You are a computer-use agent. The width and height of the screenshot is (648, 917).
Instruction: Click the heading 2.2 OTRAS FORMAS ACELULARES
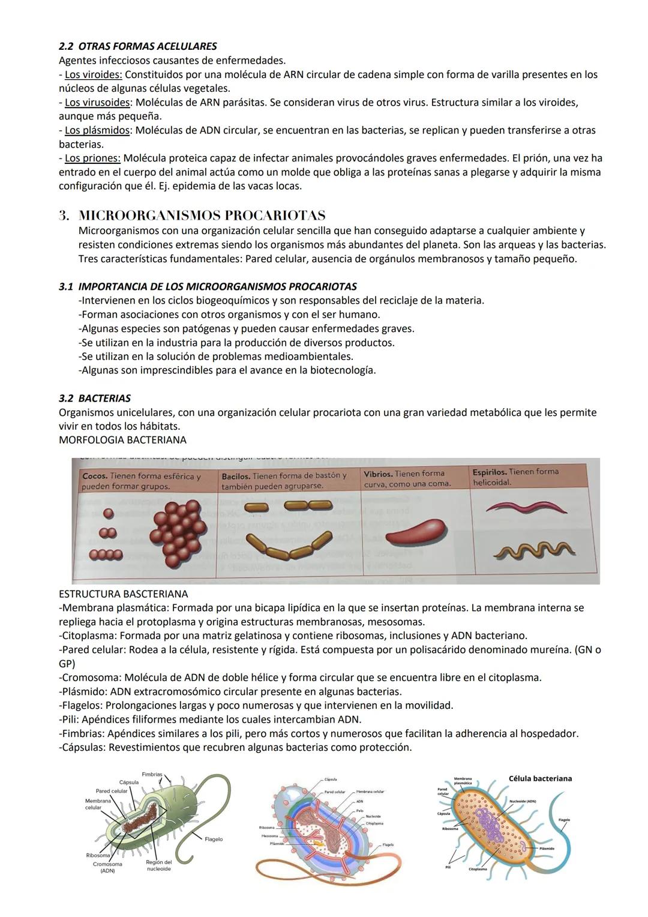[137, 46]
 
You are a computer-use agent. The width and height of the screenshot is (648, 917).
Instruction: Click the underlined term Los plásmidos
[97, 130]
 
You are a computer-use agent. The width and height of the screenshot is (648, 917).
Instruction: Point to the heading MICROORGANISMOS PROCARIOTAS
[202, 215]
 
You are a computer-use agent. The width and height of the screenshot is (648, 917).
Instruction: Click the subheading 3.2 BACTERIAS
[94, 398]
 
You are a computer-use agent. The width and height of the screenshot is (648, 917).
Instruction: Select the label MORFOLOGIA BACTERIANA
[122, 440]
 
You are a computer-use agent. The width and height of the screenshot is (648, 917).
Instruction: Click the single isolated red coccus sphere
[109, 513]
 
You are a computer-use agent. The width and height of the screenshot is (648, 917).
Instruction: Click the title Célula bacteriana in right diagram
[540, 778]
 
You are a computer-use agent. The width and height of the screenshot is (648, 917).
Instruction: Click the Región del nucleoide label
[158, 865]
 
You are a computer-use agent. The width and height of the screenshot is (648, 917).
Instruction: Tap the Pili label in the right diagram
[448, 867]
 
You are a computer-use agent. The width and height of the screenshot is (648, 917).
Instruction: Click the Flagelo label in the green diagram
[214, 839]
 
